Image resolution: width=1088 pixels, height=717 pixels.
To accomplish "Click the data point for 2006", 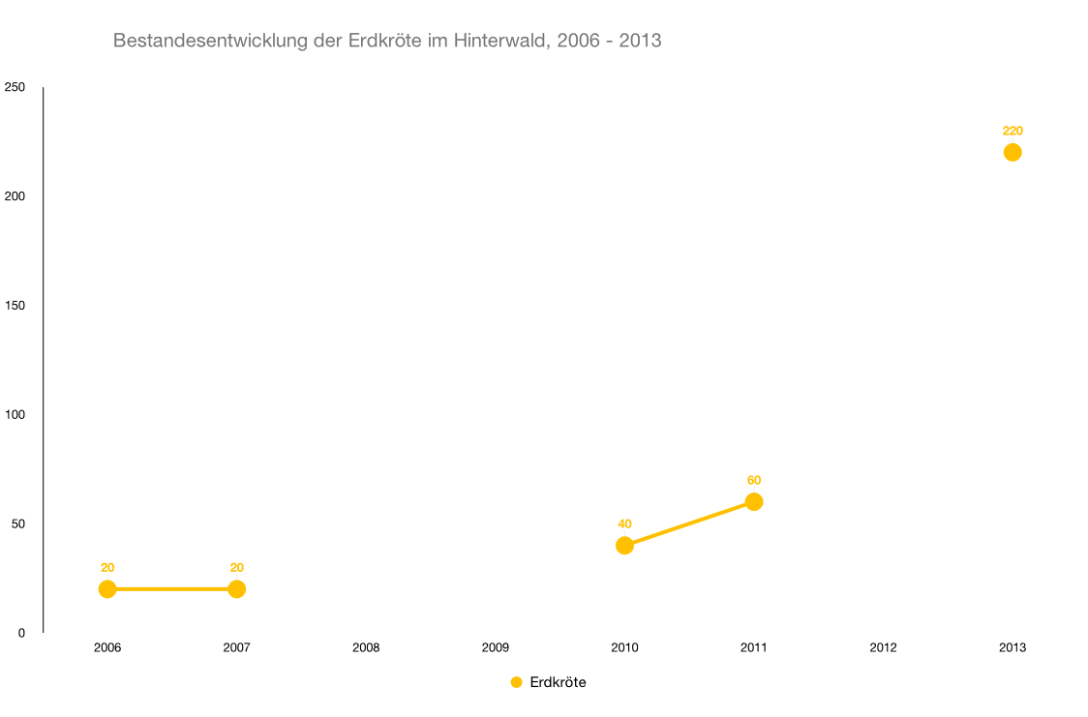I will coord(107,589).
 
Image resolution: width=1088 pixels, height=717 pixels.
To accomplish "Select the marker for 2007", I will coord(236,589).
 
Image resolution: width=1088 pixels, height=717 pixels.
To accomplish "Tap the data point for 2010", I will coord(624,546).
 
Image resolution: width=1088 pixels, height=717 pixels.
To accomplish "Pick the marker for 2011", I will coord(754,501).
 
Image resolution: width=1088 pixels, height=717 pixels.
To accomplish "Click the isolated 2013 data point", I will coord(1012,152).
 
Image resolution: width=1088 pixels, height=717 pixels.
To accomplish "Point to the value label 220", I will coord(1012,131).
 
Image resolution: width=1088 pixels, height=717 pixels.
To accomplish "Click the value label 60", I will coord(754,480).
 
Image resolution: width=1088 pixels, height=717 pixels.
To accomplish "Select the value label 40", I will coord(624,523).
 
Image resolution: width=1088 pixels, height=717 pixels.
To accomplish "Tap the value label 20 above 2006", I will coord(107,567).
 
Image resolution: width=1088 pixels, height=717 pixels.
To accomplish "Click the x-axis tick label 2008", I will coord(366,647).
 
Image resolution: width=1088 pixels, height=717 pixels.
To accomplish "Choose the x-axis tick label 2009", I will coord(496,647).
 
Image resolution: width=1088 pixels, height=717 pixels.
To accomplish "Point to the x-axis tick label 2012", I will coord(883,647).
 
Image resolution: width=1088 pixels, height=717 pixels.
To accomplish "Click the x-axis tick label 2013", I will coord(1012,647).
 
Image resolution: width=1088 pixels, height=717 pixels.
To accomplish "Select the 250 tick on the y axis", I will coord(15,87).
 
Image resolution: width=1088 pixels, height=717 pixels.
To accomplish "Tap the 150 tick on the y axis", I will coord(15,306).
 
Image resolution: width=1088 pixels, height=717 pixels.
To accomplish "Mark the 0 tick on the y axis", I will coord(20,633).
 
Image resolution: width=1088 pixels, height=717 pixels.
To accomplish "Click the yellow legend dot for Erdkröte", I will coord(516,682).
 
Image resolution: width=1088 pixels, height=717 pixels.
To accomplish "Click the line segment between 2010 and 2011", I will coord(689,523).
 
